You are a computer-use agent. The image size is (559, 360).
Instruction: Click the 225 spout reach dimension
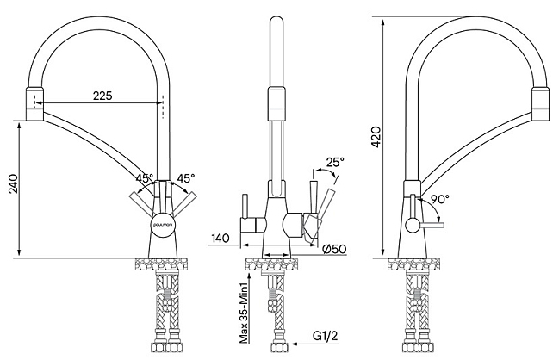pyautogui.click(x=102, y=96)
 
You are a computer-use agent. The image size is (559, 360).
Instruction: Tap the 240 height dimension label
pyautogui.click(x=13, y=184)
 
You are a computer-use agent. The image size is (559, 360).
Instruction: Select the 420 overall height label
pyautogui.click(x=376, y=137)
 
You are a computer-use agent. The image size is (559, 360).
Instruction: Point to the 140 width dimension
pyautogui.click(x=220, y=238)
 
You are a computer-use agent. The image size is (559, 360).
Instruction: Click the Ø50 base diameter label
pyautogui.click(x=334, y=249)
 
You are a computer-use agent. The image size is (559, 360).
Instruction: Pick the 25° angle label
pyautogui.click(x=335, y=162)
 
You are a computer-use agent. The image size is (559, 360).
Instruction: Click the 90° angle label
pyautogui.click(x=440, y=199)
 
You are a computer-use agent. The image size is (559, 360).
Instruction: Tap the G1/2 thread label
pyautogui.click(x=325, y=336)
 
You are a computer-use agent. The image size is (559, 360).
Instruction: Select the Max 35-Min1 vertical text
pyautogui.click(x=244, y=307)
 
